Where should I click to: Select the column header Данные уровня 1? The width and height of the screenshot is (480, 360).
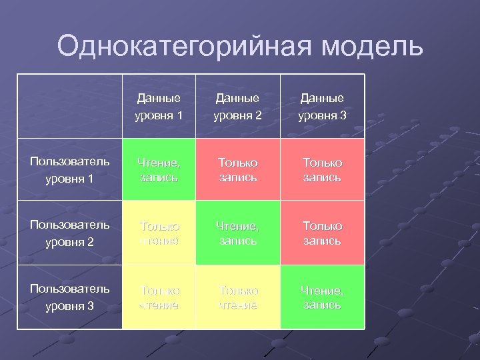pos(159,107)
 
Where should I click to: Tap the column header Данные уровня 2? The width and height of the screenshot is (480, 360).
pos(238,107)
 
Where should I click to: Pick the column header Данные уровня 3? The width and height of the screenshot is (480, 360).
pos(322,107)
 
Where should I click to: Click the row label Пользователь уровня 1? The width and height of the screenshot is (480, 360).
pos(70,170)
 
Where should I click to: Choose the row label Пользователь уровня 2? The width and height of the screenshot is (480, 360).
pos(70,233)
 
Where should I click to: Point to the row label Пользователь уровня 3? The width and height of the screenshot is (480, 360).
pos(70,297)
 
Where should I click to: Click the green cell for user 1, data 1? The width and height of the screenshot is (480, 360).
pos(159,169)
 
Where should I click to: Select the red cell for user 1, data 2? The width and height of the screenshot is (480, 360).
pos(238,169)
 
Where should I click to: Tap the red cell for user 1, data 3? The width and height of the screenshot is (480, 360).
pos(322,169)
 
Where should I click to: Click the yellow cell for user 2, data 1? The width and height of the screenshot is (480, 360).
pos(159,233)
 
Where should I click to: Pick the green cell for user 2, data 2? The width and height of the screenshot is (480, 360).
pos(238,233)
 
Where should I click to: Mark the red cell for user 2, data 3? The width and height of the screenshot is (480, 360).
pos(322,233)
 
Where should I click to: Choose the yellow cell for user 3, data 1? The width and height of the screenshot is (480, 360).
pos(159,297)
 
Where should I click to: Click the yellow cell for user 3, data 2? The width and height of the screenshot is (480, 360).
pos(238,297)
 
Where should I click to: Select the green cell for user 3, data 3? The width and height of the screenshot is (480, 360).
pos(322,297)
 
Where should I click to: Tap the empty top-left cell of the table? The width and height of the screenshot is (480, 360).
pos(70,107)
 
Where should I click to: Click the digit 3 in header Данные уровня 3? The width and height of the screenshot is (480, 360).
pos(343,116)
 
